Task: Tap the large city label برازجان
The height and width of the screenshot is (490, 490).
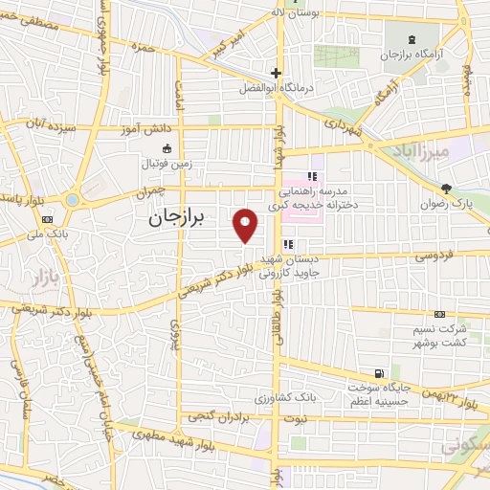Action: coord(177,218)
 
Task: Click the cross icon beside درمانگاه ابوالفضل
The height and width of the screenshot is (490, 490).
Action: coord(276,73)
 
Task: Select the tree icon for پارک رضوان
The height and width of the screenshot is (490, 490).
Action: coord(445,189)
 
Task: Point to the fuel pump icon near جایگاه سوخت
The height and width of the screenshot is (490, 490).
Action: coord(382,372)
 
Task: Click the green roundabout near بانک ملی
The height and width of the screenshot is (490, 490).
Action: coord(75,201)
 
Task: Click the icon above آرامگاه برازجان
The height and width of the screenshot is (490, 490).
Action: coord(412,40)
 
